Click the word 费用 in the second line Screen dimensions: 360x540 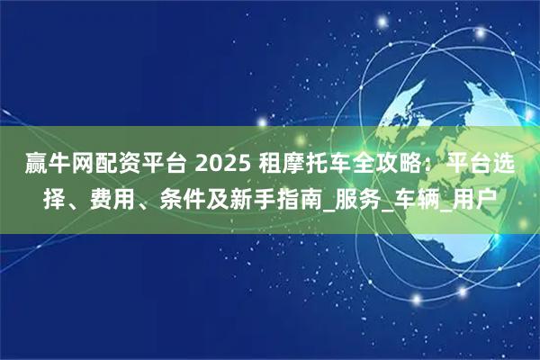click(108, 198)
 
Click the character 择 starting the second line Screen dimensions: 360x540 click(55, 198)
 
